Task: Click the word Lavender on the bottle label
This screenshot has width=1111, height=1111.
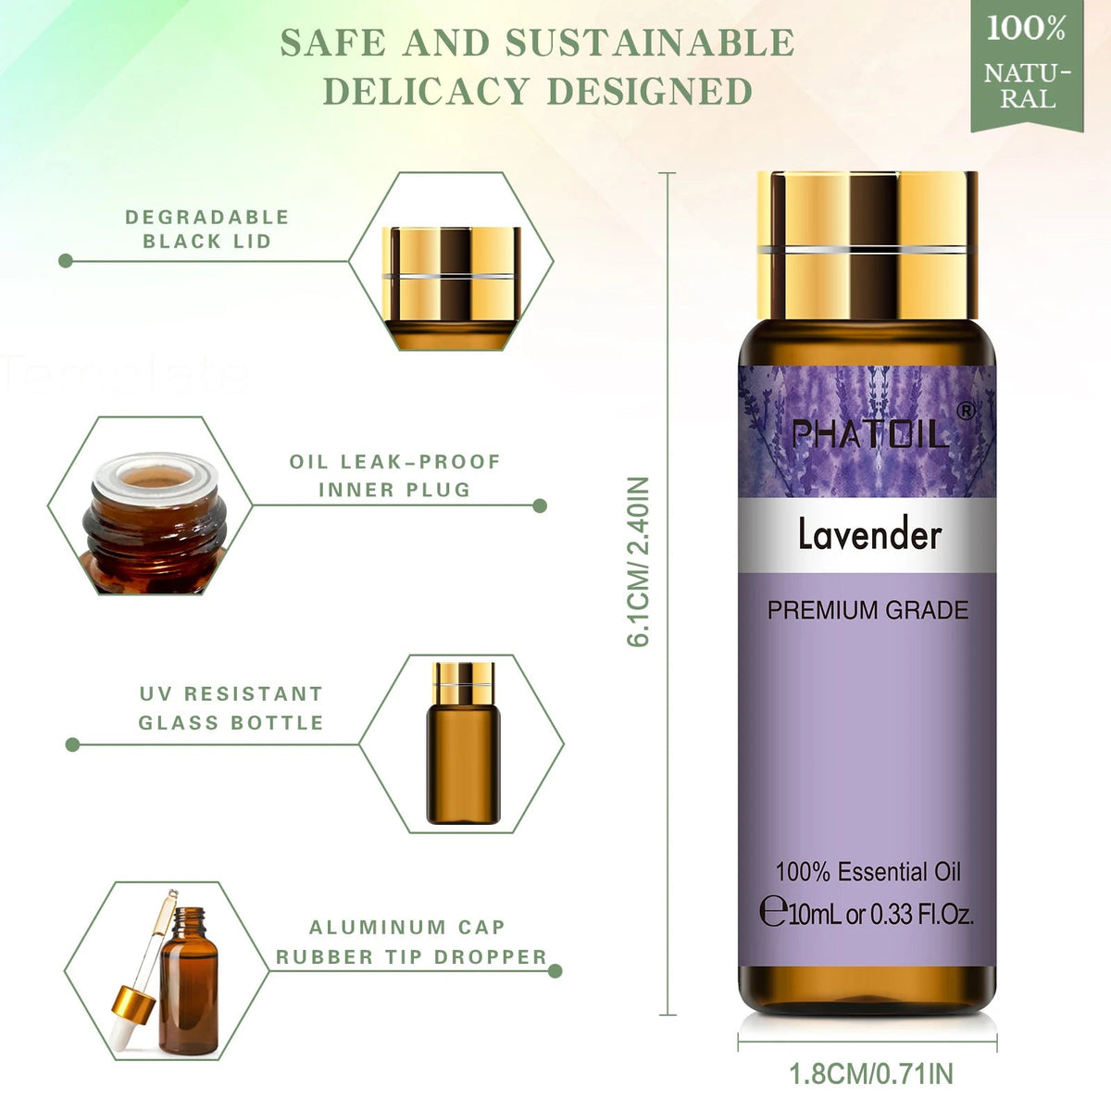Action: [x=869, y=535]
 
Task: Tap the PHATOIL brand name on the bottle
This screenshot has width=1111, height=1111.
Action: [x=869, y=435]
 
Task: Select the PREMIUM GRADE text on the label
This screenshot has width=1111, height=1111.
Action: [x=868, y=610]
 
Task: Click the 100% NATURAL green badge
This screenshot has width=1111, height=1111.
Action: [x=1027, y=65]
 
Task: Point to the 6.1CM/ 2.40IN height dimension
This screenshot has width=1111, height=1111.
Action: [x=638, y=562]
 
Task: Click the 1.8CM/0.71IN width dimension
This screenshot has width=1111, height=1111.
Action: [x=870, y=1074]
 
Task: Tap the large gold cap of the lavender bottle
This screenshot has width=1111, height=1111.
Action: [x=868, y=245]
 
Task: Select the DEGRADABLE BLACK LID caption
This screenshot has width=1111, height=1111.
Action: [x=207, y=229]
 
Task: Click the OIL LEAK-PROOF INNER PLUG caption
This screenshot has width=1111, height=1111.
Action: [x=395, y=476]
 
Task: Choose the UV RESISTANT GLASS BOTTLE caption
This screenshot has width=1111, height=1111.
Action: [x=231, y=707]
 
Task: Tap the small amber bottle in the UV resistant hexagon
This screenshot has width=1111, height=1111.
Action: [x=464, y=743]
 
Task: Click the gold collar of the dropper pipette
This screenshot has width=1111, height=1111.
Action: [x=133, y=1005]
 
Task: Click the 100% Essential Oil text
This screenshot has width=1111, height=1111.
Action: [x=868, y=872]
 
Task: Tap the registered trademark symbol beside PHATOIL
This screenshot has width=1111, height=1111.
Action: [x=967, y=410]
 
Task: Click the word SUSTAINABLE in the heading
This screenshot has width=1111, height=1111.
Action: [x=650, y=43]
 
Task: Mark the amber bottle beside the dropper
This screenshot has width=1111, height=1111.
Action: [x=189, y=990]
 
